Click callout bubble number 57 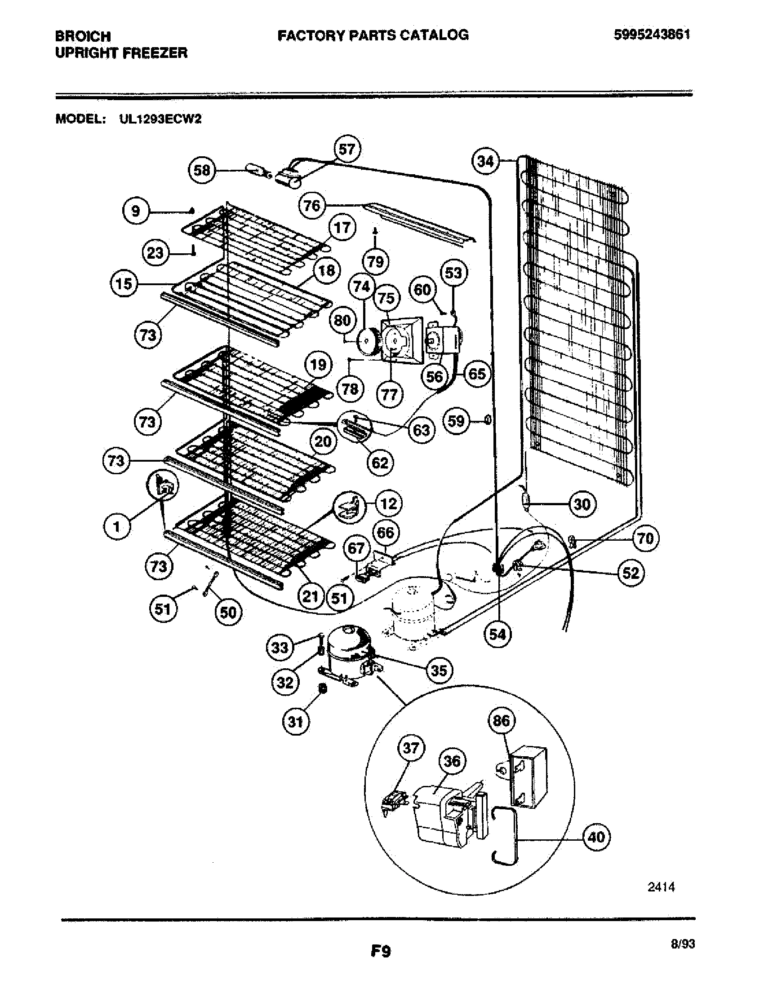pos(346,149)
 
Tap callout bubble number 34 pos(485,161)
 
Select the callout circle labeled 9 pos(136,211)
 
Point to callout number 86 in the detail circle pos(501,721)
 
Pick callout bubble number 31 pos(295,721)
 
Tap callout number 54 pos(497,634)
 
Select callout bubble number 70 pos(645,538)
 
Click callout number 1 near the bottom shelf pos(117,527)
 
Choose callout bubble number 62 pos(380,463)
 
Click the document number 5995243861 pos(652,35)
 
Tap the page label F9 pos(380,951)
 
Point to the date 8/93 pos(683,944)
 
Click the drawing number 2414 pos(661,900)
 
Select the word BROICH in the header pos(83,36)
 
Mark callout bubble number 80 pos(342,320)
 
